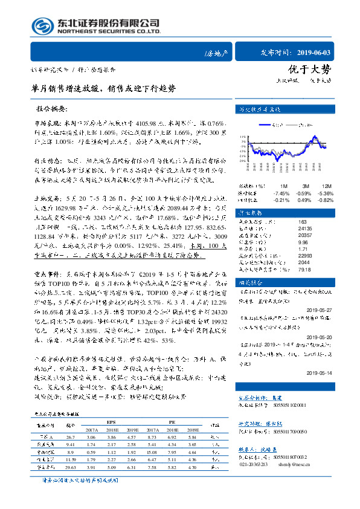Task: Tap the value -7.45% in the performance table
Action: coord(281,192)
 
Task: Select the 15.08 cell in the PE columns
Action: coord(153,451)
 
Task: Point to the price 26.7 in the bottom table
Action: coord(71,436)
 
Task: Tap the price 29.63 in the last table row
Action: coord(71,467)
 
